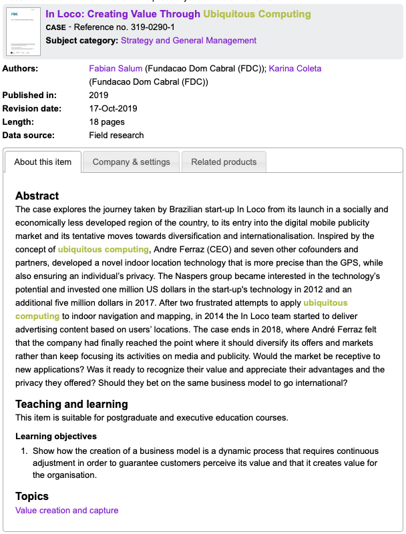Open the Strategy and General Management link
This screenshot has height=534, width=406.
coord(188,41)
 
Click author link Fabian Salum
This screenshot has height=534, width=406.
coord(116,69)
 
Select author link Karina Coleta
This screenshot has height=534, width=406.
coord(294,69)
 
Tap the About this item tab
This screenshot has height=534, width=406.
coord(43,162)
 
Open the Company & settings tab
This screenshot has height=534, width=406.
coord(131,162)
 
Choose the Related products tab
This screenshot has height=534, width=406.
coord(224,162)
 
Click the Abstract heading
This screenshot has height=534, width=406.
coord(37,196)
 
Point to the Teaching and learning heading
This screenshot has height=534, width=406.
coord(71,404)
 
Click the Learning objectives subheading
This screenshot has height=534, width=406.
coord(56,436)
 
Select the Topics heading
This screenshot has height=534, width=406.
coord(32,496)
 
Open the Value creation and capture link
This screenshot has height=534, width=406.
coord(67,511)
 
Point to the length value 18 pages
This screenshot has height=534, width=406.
coord(107,122)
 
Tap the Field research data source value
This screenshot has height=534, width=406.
coord(116,136)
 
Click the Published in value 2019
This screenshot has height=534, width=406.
coord(99,95)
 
